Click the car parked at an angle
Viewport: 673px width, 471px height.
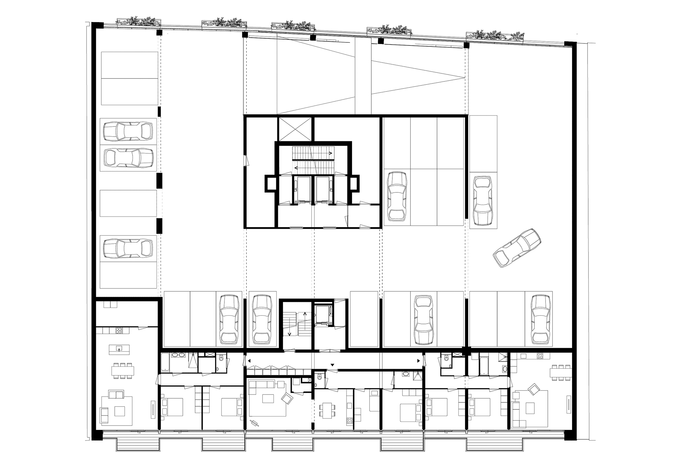point(517,248)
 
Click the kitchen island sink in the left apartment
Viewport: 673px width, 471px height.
point(119,350)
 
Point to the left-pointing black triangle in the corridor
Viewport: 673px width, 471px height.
point(249,361)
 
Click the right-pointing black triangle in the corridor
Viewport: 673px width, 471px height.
point(419,361)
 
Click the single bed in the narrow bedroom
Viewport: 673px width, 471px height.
point(375,400)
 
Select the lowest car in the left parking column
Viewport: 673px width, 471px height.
point(128,249)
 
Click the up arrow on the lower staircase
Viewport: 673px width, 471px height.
point(305,315)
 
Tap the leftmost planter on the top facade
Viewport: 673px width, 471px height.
point(138,21)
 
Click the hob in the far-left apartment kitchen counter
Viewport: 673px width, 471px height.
point(118,331)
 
